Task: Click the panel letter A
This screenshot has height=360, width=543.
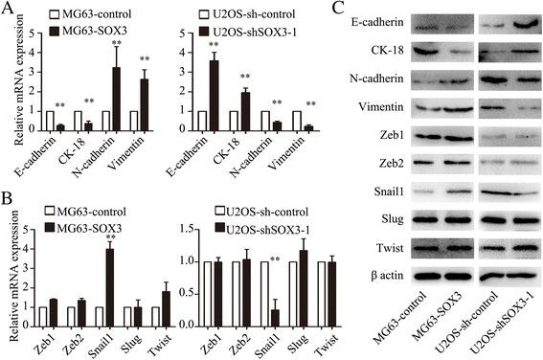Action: [10, 11]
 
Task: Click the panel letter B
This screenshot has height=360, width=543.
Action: [10, 199]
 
